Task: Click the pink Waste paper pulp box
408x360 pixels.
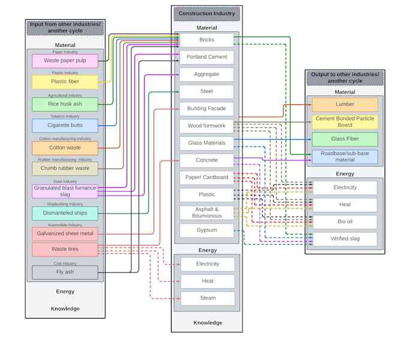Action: click(x=65, y=61)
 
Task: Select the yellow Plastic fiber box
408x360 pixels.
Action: click(x=65, y=82)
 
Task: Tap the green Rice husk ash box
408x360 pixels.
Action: click(x=65, y=104)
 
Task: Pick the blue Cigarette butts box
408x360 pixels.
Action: click(x=65, y=125)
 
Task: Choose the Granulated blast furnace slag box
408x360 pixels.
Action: click(x=65, y=191)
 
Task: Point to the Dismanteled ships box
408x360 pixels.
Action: click(x=65, y=213)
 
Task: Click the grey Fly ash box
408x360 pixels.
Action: click(x=65, y=272)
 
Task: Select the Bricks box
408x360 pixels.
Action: click(x=206, y=40)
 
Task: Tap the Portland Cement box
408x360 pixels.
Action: click(x=206, y=57)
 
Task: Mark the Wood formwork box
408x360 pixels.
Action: click(x=206, y=126)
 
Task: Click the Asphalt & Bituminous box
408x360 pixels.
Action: click(x=206, y=212)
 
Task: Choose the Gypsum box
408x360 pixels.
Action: click(x=206, y=230)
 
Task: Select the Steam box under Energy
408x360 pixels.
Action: click(x=207, y=298)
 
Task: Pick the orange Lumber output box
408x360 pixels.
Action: click(x=344, y=104)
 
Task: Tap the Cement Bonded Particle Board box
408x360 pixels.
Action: click(x=344, y=122)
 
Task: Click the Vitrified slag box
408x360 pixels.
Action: click(x=344, y=239)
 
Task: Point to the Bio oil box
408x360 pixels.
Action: click(x=344, y=221)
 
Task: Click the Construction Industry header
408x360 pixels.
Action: click(x=206, y=13)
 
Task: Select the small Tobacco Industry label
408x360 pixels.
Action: click(x=65, y=116)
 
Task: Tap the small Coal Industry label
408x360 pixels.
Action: click(x=65, y=263)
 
